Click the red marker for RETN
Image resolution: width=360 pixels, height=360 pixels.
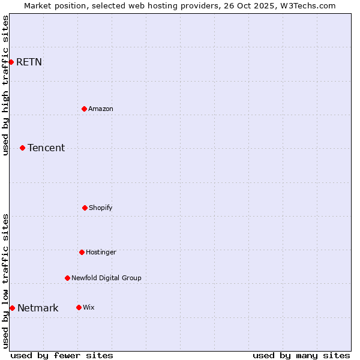11,62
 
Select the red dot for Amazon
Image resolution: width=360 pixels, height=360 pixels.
84,109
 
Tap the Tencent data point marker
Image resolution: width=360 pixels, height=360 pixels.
22,148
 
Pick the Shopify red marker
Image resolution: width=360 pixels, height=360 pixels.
85,208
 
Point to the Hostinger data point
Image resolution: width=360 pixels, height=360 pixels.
82,252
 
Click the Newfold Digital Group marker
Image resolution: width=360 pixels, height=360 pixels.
67,278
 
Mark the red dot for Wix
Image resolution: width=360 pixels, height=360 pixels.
79,307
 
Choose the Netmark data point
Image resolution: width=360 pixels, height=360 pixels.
12,308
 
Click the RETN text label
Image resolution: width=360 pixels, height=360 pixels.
29,62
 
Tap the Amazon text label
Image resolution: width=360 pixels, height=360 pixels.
101,109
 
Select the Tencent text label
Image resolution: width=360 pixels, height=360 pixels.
46,148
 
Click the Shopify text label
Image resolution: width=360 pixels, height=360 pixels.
101,208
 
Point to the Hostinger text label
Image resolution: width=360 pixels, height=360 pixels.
101,252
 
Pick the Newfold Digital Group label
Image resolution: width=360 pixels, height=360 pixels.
106,278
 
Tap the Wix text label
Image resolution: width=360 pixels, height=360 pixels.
88,307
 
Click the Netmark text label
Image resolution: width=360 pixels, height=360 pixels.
38,308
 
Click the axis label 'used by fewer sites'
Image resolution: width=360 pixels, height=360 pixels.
62,355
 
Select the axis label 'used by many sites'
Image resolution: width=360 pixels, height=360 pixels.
301,355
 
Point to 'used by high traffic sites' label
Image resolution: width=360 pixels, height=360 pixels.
5,85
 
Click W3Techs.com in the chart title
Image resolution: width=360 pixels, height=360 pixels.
306,5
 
